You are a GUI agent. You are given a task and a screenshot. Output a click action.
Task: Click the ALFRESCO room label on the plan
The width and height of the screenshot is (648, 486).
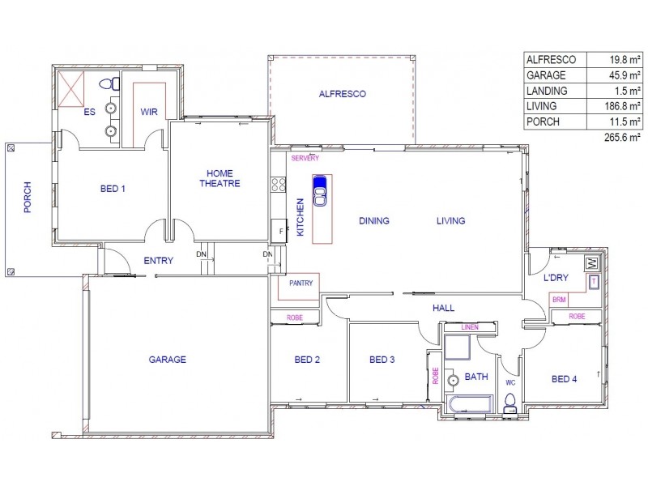(342, 94)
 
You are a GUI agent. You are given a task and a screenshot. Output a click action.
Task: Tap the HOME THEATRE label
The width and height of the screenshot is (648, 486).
(220, 178)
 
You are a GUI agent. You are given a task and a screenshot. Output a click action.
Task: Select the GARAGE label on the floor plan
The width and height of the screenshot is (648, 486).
(167, 360)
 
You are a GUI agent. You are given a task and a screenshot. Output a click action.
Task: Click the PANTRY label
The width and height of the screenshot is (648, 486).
(299, 284)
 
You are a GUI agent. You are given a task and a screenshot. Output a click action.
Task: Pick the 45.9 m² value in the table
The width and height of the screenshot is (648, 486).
(625, 75)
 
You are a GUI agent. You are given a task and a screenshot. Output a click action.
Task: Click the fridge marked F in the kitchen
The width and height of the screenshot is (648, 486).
(280, 232)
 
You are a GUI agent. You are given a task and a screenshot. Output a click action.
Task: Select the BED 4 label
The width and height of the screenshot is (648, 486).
(565, 378)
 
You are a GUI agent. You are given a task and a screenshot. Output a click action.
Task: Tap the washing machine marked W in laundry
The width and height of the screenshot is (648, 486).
(591, 264)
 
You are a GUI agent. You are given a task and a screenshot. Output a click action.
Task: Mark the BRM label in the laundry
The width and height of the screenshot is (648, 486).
(559, 299)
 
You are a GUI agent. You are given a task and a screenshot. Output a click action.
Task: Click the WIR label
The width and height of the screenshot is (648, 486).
(148, 113)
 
